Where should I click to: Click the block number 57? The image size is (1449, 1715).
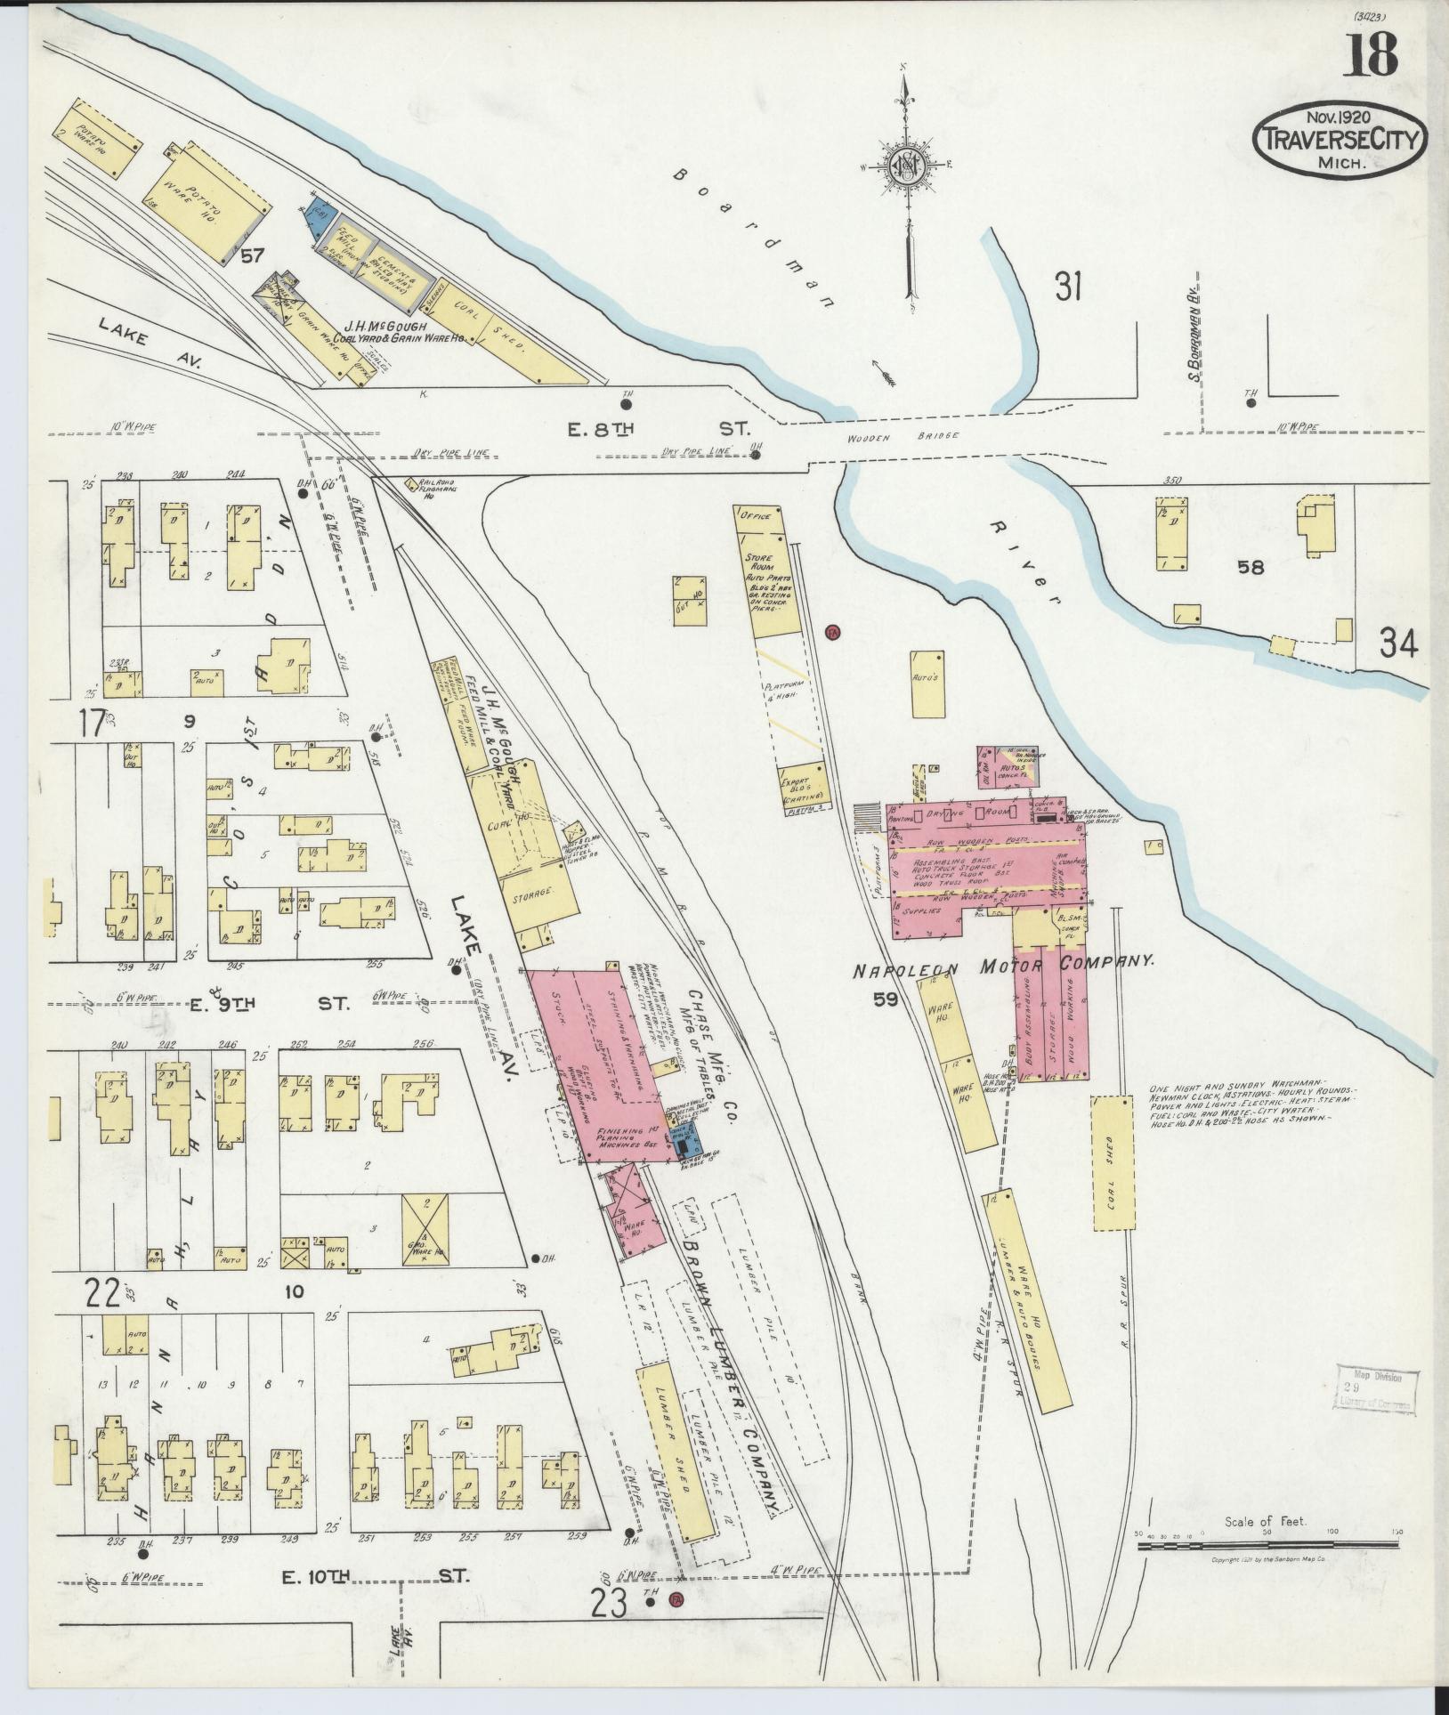251,257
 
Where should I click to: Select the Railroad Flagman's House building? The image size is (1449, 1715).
411,485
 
